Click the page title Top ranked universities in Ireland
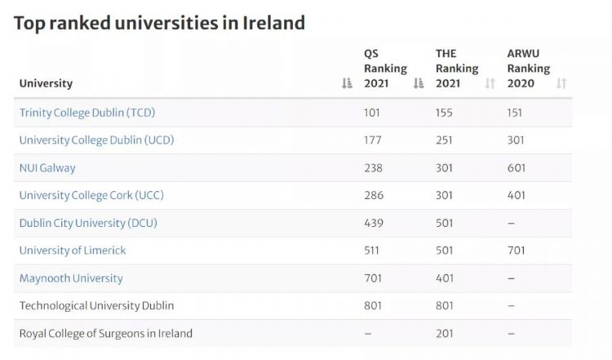(159, 23)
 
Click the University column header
(46, 83)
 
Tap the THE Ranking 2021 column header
(456, 69)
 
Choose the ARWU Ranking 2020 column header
(528, 69)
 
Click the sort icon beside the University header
(347, 83)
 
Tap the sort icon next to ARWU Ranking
(561, 83)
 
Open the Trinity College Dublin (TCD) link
(86, 113)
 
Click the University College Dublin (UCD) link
(96, 140)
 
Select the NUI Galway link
(47, 168)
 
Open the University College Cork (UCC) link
(91, 196)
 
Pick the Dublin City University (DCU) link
(88, 224)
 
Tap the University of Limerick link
(73, 251)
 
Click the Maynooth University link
(71, 278)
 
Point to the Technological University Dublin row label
(96, 306)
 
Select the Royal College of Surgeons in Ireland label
(106, 334)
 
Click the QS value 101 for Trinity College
(372, 113)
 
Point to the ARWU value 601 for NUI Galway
(517, 168)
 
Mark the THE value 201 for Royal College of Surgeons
(444, 334)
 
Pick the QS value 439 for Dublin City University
(372, 224)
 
